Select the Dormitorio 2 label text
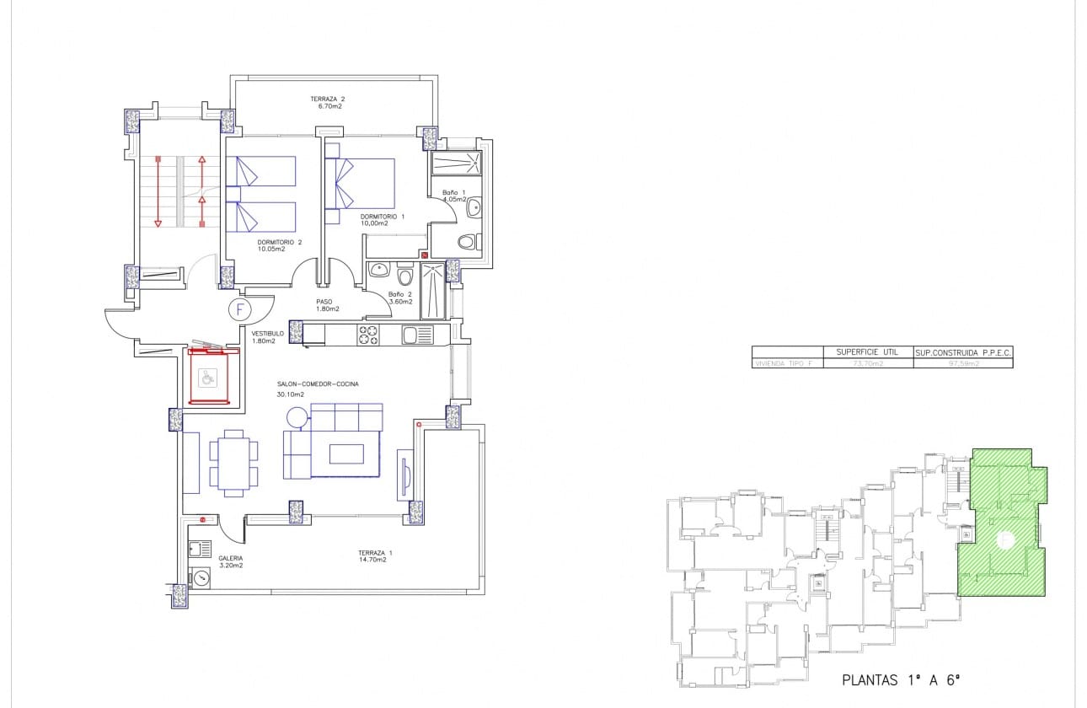pyautogui.click(x=279, y=245)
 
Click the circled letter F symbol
pyautogui.click(x=240, y=309)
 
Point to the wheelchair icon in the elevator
pyautogui.click(x=206, y=376)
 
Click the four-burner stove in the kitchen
pyautogui.click(x=368, y=335)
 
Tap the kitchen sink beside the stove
pyautogui.click(x=416, y=335)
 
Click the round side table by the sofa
pyautogui.click(x=297, y=417)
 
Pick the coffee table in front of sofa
pyautogui.click(x=346, y=453)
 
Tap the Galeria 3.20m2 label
pyautogui.click(x=230, y=561)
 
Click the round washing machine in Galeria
pyautogui.click(x=201, y=578)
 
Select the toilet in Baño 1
pyautogui.click(x=467, y=242)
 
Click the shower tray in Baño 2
pyautogui.click(x=432, y=291)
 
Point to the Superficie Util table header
pyautogui.click(x=867, y=351)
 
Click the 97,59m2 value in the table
pyautogui.click(x=961, y=363)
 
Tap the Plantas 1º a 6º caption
pyautogui.click(x=902, y=679)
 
